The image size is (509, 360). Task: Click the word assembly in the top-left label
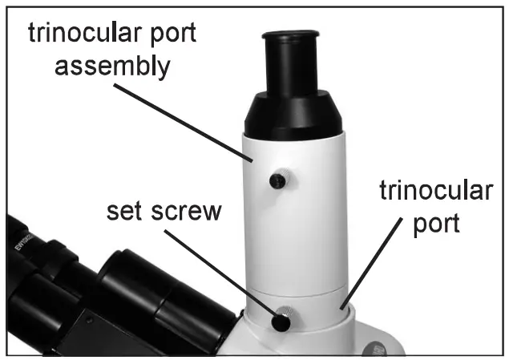tap(111, 67)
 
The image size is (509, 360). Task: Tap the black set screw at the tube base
tap(281, 322)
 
